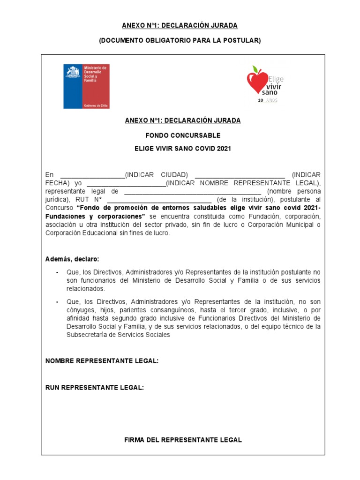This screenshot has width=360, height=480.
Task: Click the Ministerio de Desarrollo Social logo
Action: [86, 86]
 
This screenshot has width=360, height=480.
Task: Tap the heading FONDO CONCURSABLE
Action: [183, 135]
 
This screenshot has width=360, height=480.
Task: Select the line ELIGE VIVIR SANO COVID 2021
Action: [183, 149]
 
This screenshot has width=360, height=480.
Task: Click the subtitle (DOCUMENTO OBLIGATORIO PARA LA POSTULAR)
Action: [180, 41]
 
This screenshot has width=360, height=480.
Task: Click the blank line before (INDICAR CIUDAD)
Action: [92, 175]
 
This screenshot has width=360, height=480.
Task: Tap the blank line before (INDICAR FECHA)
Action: [239, 175]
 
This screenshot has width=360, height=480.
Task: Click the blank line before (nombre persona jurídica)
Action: [192, 192]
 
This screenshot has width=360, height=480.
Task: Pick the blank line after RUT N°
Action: [159, 200]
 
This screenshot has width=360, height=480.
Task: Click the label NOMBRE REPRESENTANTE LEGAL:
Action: [102, 361]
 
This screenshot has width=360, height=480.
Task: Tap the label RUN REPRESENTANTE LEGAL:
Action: [94, 388]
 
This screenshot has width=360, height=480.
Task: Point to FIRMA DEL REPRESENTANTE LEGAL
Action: [183, 440]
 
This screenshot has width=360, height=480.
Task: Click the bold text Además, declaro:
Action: [72, 259]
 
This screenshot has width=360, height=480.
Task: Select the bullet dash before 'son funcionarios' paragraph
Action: [57, 272]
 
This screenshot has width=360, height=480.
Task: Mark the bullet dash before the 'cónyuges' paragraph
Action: [57, 302]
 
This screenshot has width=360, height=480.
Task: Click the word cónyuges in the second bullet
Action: [80, 310]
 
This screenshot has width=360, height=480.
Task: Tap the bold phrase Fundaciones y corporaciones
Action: [95, 217]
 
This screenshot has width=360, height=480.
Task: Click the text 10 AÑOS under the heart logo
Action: [268, 100]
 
